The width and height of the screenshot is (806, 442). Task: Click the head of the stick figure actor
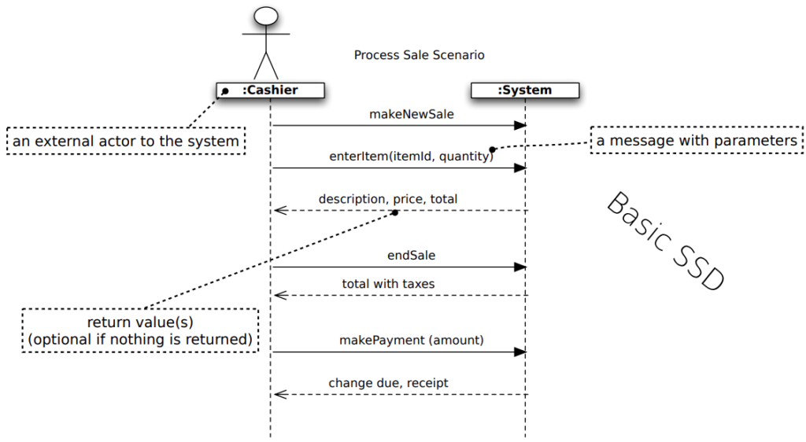click(x=266, y=16)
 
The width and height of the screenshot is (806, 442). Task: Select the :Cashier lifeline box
click(x=271, y=90)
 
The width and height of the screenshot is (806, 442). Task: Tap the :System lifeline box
click(x=525, y=90)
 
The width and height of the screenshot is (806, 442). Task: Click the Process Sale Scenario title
click(x=419, y=55)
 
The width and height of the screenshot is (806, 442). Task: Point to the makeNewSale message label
click(x=411, y=114)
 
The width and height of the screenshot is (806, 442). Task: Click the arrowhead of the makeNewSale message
click(x=520, y=125)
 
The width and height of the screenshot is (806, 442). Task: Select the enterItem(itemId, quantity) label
click(x=411, y=156)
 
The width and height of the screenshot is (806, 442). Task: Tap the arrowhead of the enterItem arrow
click(x=520, y=168)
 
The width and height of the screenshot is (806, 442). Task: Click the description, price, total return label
click(x=388, y=199)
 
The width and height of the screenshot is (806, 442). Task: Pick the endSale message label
click(x=411, y=255)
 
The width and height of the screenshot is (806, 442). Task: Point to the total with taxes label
click(x=388, y=284)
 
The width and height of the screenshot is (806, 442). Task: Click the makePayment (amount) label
click(x=411, y=340)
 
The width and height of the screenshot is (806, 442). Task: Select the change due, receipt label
click(x=388, y=383)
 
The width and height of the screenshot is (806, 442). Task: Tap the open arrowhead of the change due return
click(x=280, y=394)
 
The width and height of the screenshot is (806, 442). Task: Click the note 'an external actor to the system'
click(x=126, y=141)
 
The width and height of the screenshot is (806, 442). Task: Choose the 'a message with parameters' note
click(x=697, y=140)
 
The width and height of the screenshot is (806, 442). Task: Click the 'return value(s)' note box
click(x=140, y=330)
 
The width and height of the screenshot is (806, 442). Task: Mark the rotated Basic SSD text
click(x=667, y=241)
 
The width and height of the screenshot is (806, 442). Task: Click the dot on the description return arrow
click(x=395, y=212)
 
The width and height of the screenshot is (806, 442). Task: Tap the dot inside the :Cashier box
click(x=224, y=91)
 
